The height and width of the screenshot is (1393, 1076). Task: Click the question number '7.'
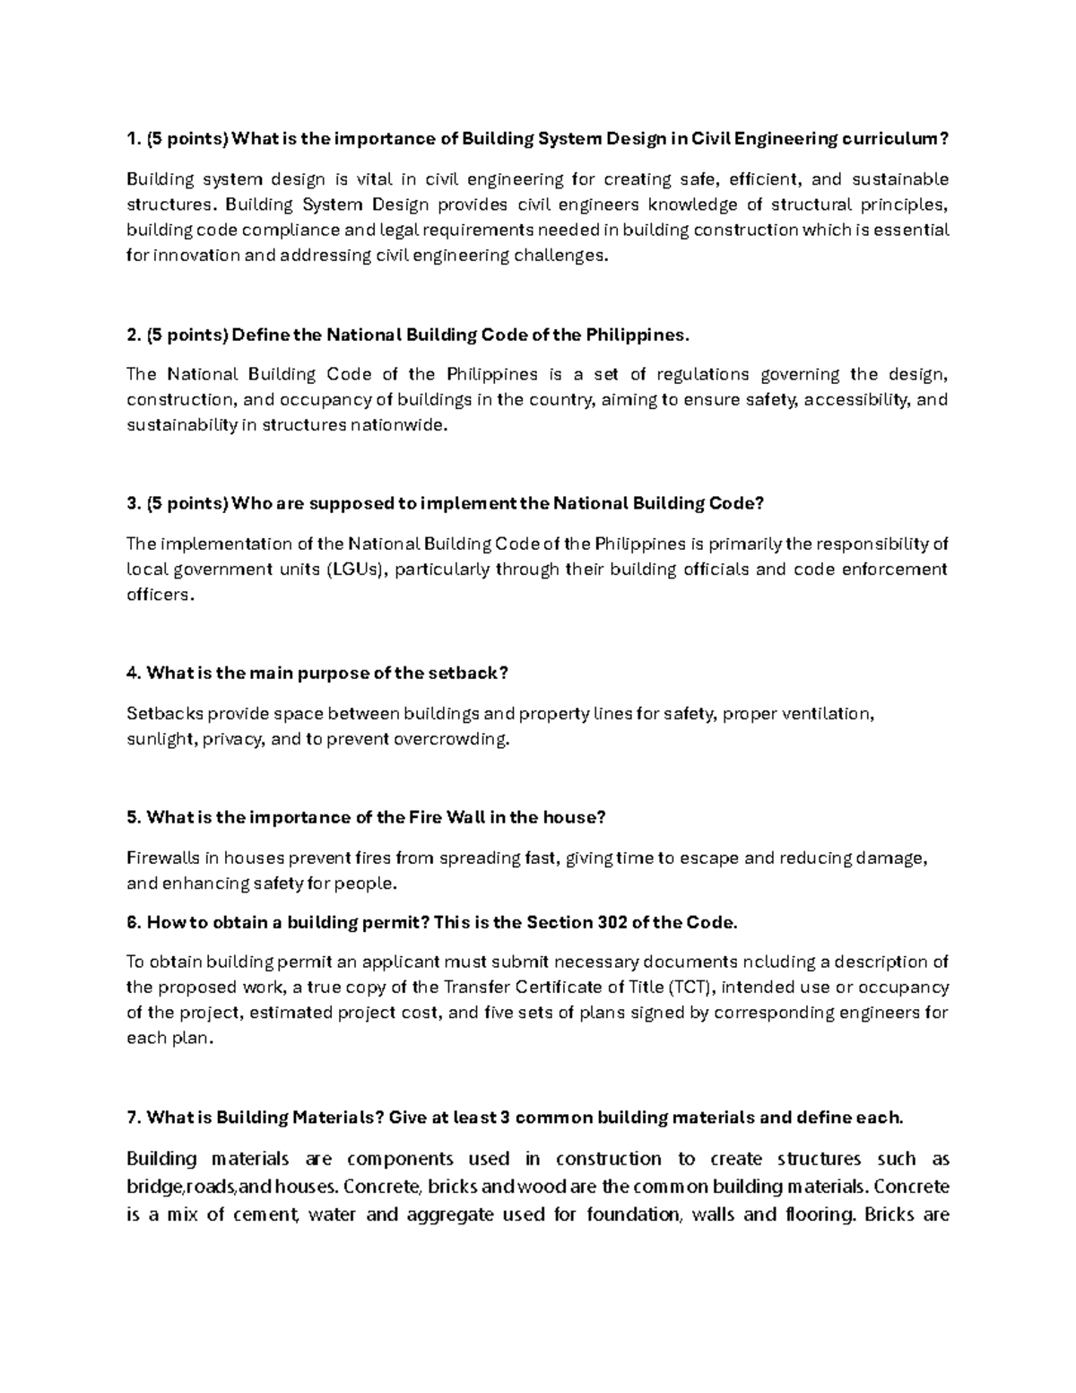click(x=134, y=1118)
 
